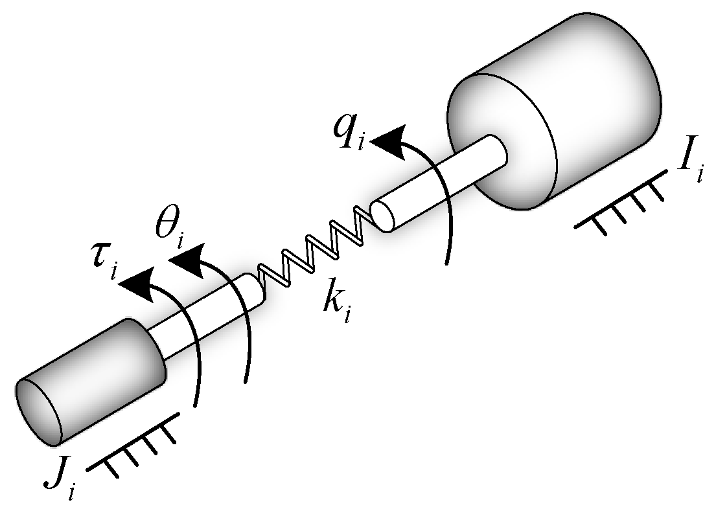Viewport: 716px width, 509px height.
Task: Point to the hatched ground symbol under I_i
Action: [622, 204]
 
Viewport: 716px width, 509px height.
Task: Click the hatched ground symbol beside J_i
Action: [133, 447]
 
